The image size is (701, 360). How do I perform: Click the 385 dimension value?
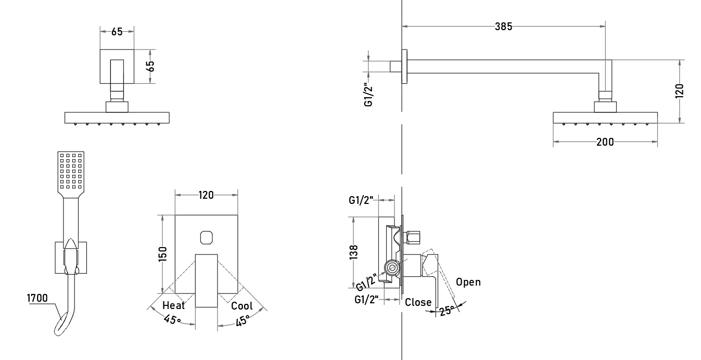503,27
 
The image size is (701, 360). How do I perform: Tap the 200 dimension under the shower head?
605,142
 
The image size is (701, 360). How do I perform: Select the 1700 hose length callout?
37,298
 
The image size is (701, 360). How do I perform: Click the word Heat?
173,305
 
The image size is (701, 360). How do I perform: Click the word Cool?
241,306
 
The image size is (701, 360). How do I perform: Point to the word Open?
468,282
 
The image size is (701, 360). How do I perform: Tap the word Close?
418,302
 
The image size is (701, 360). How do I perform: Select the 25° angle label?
447,311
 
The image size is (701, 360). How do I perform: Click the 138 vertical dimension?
353,252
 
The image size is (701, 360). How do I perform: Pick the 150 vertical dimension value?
162,254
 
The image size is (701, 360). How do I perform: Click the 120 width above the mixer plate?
206,195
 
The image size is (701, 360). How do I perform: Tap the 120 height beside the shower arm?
679,91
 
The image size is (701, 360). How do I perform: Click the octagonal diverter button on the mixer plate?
206,238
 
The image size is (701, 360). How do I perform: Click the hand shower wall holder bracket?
71,258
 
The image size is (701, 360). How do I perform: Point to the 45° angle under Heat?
172,319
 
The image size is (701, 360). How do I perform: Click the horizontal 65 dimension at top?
117,32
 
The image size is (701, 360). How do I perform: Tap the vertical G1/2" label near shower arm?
368,95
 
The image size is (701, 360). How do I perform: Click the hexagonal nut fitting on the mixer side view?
413,237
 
